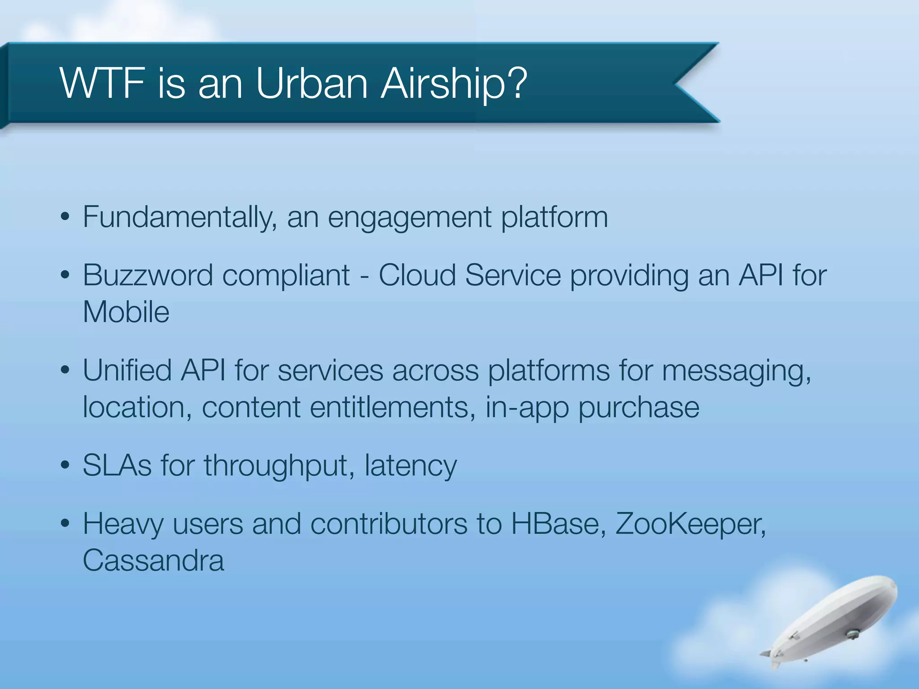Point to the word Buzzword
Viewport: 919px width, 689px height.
[x=148, y=275]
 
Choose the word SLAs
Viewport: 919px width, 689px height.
[x=117, y=466]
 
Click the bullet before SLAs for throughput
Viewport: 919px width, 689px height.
[x=66, y=466]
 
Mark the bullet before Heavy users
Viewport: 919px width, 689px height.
[x=66, y=523]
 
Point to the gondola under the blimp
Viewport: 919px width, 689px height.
[x=852, y=634]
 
